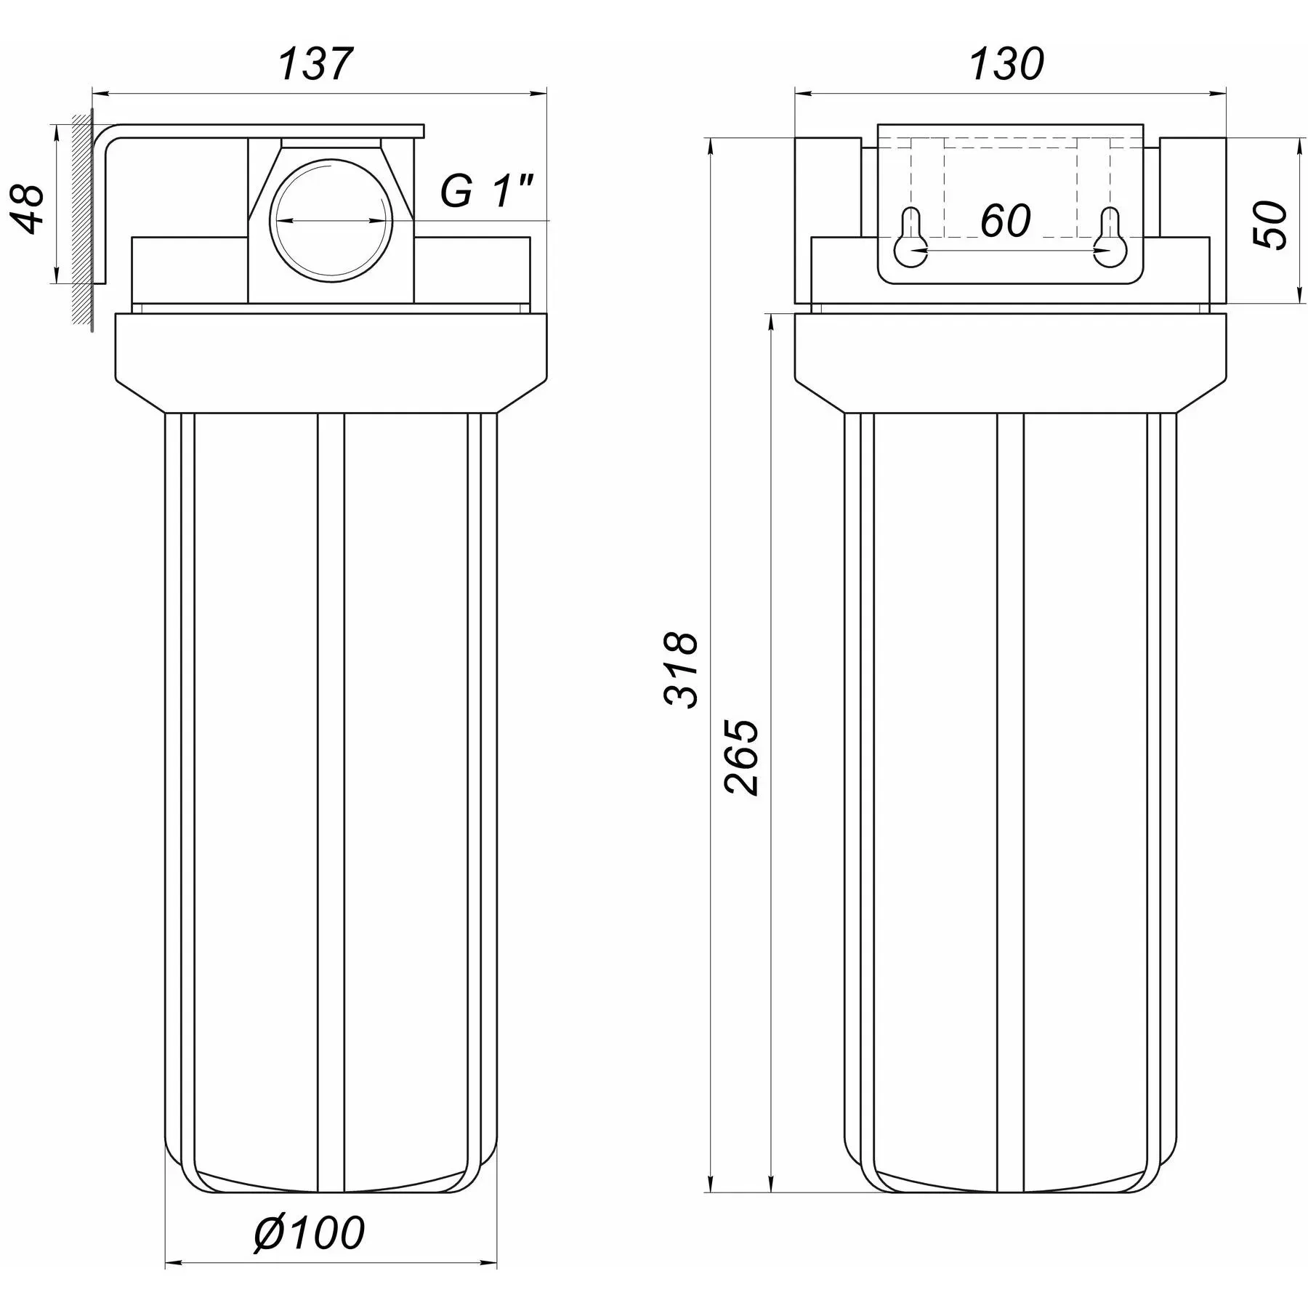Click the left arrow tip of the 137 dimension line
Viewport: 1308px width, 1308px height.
[93, 93]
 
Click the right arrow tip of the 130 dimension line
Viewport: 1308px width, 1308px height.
[1227, 93]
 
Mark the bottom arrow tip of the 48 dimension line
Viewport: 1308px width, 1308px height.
[56, 284]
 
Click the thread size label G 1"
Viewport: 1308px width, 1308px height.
[487, 192]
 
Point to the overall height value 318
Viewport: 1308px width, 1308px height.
[682, 669]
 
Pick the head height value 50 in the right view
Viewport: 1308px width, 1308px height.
[1271, 225]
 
